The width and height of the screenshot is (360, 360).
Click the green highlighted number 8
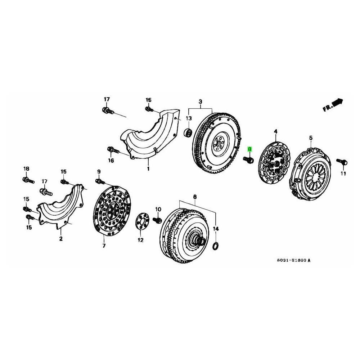pyautogui.click(x=250, y=149)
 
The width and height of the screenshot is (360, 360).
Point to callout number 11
pyautogui.click(x=343, y=174)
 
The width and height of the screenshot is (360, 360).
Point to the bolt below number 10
pyautogui.click(x=157, y=219)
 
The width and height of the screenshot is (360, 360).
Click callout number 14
pyautogui.click(x=216, y=229)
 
